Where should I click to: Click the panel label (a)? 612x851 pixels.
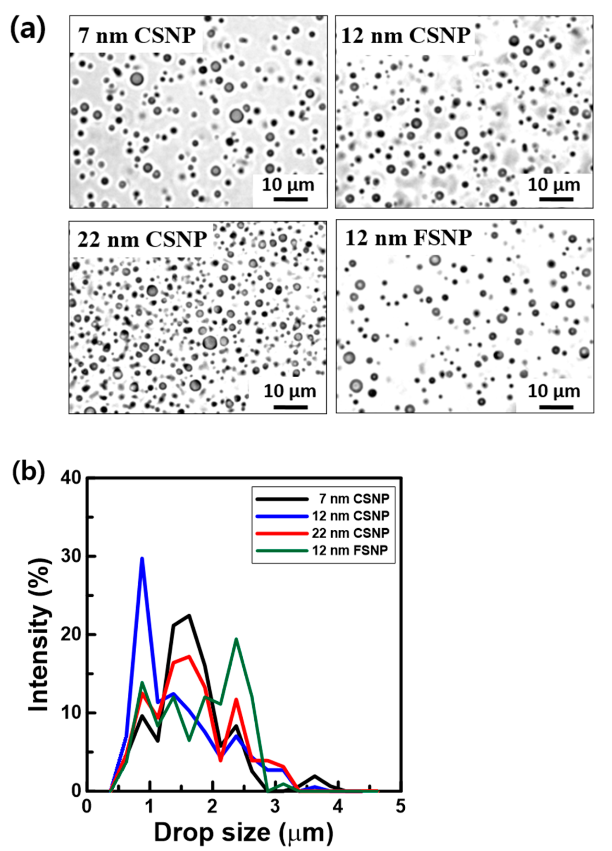pyautogui.click(x=28, y=30)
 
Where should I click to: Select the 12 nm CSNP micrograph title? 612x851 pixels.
pyautogui.click(x=406, y=36)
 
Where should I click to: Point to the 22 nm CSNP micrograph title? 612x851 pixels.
pyautogui.click(x=142, y=239)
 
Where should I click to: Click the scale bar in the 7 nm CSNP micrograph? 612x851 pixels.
pyautogui.click(x=290, y=199)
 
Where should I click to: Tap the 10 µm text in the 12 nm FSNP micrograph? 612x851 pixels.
pyautogui.click(x=553, y=391)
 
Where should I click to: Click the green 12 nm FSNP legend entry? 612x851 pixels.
pyautogui.click(x=349, y=550)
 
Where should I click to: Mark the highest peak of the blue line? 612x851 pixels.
pyautogui.click(x=142, y=558)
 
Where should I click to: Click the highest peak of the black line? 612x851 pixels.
pyautogui.click(x=189, y=616)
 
